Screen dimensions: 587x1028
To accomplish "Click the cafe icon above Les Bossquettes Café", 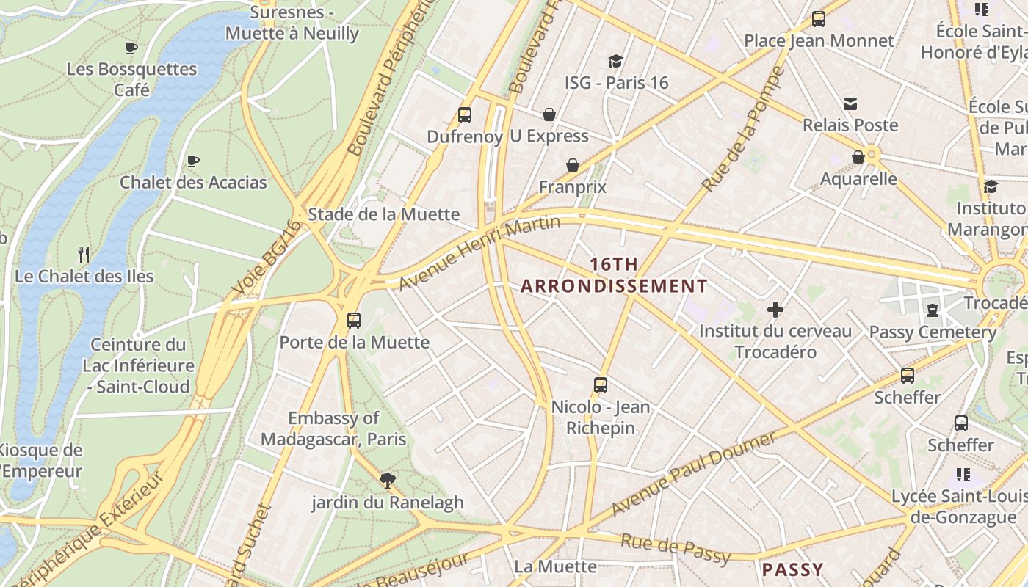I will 131,48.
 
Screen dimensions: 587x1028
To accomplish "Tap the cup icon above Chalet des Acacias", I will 193,161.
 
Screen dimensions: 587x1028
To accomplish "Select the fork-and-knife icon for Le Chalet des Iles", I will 84,255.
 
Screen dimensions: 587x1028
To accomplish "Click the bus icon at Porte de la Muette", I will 354,320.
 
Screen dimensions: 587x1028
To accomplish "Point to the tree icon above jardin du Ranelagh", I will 388,481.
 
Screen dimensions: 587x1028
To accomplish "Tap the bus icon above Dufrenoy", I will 464,114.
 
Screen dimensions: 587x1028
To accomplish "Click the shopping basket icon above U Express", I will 549,114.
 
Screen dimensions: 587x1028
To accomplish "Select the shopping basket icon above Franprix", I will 573,165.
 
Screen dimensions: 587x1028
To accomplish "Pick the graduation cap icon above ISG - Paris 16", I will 615,61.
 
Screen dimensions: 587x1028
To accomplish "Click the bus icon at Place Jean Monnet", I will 819,19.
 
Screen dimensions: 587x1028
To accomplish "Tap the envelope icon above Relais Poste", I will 850,104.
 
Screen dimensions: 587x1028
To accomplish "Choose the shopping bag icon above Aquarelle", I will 858,157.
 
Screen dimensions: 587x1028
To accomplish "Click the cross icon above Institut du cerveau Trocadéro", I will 775,310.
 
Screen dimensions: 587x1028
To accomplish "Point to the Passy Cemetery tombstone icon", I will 933,310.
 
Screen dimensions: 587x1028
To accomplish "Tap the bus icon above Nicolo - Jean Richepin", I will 601,384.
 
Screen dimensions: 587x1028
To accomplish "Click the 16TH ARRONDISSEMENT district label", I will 614,275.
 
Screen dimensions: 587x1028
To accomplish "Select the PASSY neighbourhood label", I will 792,569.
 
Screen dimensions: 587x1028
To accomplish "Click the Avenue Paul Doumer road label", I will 692,474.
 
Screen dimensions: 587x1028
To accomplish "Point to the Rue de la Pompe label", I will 744,130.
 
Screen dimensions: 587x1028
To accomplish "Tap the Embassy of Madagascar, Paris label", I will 333,429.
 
